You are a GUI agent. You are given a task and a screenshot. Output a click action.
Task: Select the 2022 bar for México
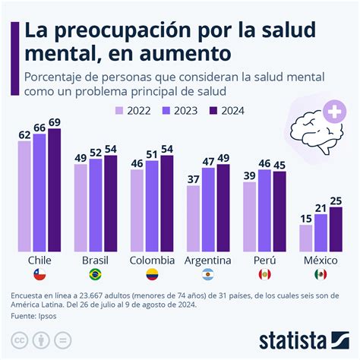[x=306, y=237]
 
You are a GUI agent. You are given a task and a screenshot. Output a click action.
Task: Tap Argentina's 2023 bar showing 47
[x=208, y=209]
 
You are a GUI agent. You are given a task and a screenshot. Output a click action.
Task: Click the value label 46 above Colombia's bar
[x=137, y=163]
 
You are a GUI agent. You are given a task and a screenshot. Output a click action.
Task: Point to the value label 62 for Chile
[x=24, y=135]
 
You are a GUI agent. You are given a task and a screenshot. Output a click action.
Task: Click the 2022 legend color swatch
[x=120, y=109]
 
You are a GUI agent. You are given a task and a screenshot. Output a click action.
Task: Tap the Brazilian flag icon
[x=96, y=273]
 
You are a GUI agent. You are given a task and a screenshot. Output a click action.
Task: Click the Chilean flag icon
[x=39, y=273]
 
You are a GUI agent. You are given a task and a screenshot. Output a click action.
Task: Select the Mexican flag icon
[x=321, y=273]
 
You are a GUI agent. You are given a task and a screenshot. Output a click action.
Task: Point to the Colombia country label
[x=152, y=259]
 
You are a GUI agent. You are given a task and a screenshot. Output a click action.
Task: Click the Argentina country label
[x=208, y=259]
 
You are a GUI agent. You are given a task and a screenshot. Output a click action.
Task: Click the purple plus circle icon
[x=332, y=113]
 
